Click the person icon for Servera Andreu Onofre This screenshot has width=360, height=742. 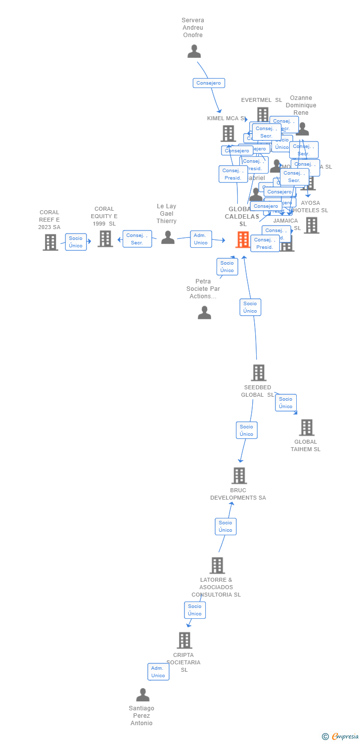tap(194, 51)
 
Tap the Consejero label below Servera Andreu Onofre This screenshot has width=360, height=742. tap(209, 83)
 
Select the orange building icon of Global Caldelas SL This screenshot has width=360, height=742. tap(242, 239)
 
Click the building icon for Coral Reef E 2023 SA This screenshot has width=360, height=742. tap(50, 242)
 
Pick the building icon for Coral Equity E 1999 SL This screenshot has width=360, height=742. tap(105, 239)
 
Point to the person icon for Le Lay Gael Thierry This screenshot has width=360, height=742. tap(168, 237)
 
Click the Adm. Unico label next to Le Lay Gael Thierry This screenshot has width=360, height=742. tap(201, 239)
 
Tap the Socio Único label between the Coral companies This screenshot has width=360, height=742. tap(76, 242)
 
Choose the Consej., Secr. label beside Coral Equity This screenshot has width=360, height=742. tap(137, 239)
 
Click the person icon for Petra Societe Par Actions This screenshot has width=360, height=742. tap(204, 313)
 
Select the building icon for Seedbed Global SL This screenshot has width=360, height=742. tap(258, 372)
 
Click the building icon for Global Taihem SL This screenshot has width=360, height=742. tap(307, 427)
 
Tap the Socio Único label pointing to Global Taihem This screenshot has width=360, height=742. tap(285, 403)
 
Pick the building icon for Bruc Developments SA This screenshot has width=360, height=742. tap(239, 475)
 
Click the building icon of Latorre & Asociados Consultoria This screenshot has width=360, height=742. tap(217, 565)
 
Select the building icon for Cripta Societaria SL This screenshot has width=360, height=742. tap(184, 640)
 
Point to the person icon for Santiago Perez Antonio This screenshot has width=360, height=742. tap(142, 695)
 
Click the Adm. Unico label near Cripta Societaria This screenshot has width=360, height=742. tap(158, 672)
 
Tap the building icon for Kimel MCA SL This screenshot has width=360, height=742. tap(228, 133)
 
